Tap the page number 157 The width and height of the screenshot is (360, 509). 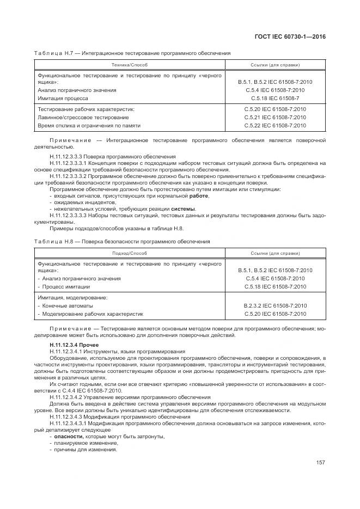(320, 463)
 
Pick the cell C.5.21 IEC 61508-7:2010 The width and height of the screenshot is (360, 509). (275, 118)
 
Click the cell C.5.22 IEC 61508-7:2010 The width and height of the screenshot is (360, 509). (275, 126)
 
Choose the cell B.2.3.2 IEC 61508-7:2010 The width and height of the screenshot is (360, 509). (275, 306)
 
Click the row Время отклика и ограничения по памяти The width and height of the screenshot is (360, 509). (89, 126)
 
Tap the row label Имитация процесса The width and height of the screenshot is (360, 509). (63, 99)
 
